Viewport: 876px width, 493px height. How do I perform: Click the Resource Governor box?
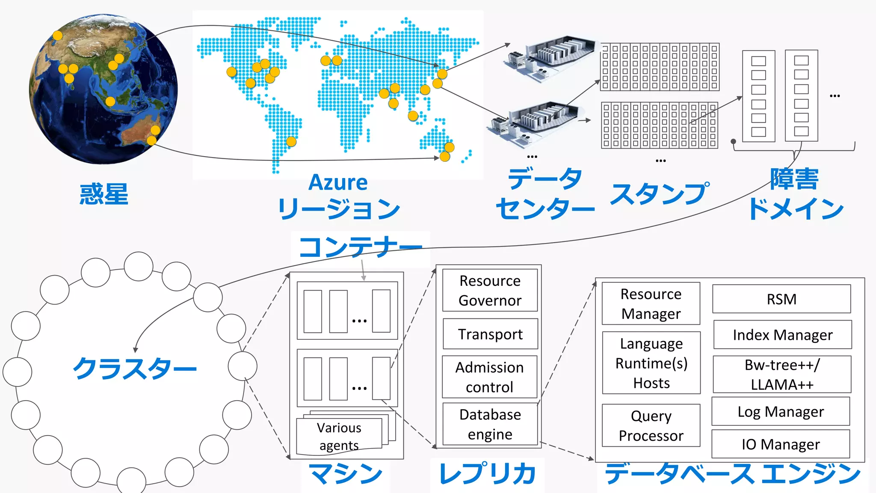click(x=490, y=290)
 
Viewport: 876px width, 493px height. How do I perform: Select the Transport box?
click(x=490, y=334)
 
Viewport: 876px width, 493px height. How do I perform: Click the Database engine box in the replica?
click(x=490, y=424)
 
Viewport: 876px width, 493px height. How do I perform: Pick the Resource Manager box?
click(x=651, y=303)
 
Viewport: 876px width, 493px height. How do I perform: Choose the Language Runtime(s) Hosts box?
click(x=651, y=363)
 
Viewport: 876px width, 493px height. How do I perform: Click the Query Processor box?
click(x=651, y=425)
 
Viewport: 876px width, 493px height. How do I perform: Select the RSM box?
click(x=781, y=299)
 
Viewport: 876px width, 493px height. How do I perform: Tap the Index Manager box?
click(x=782, y=335)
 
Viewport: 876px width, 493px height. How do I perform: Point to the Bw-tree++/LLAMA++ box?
click(x=782, y=374)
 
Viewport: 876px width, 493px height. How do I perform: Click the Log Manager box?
click(x=781, y=411)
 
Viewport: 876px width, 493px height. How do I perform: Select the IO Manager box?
click(x=781, y=444)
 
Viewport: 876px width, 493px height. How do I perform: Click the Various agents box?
click(x=339, y=437)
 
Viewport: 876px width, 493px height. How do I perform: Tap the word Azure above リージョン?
click(x=338, y=183)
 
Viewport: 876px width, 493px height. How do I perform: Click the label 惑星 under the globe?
click(x=104, y=194)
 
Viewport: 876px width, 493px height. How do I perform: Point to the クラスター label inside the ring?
click(x=135, y=368)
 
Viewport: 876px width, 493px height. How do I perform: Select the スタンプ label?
click(x=659, y=194)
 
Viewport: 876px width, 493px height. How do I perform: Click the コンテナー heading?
click(x=360, y=247)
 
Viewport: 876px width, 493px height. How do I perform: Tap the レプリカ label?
click(x=487, y=474)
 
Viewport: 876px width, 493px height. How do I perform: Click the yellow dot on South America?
click(x=291, y=141)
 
